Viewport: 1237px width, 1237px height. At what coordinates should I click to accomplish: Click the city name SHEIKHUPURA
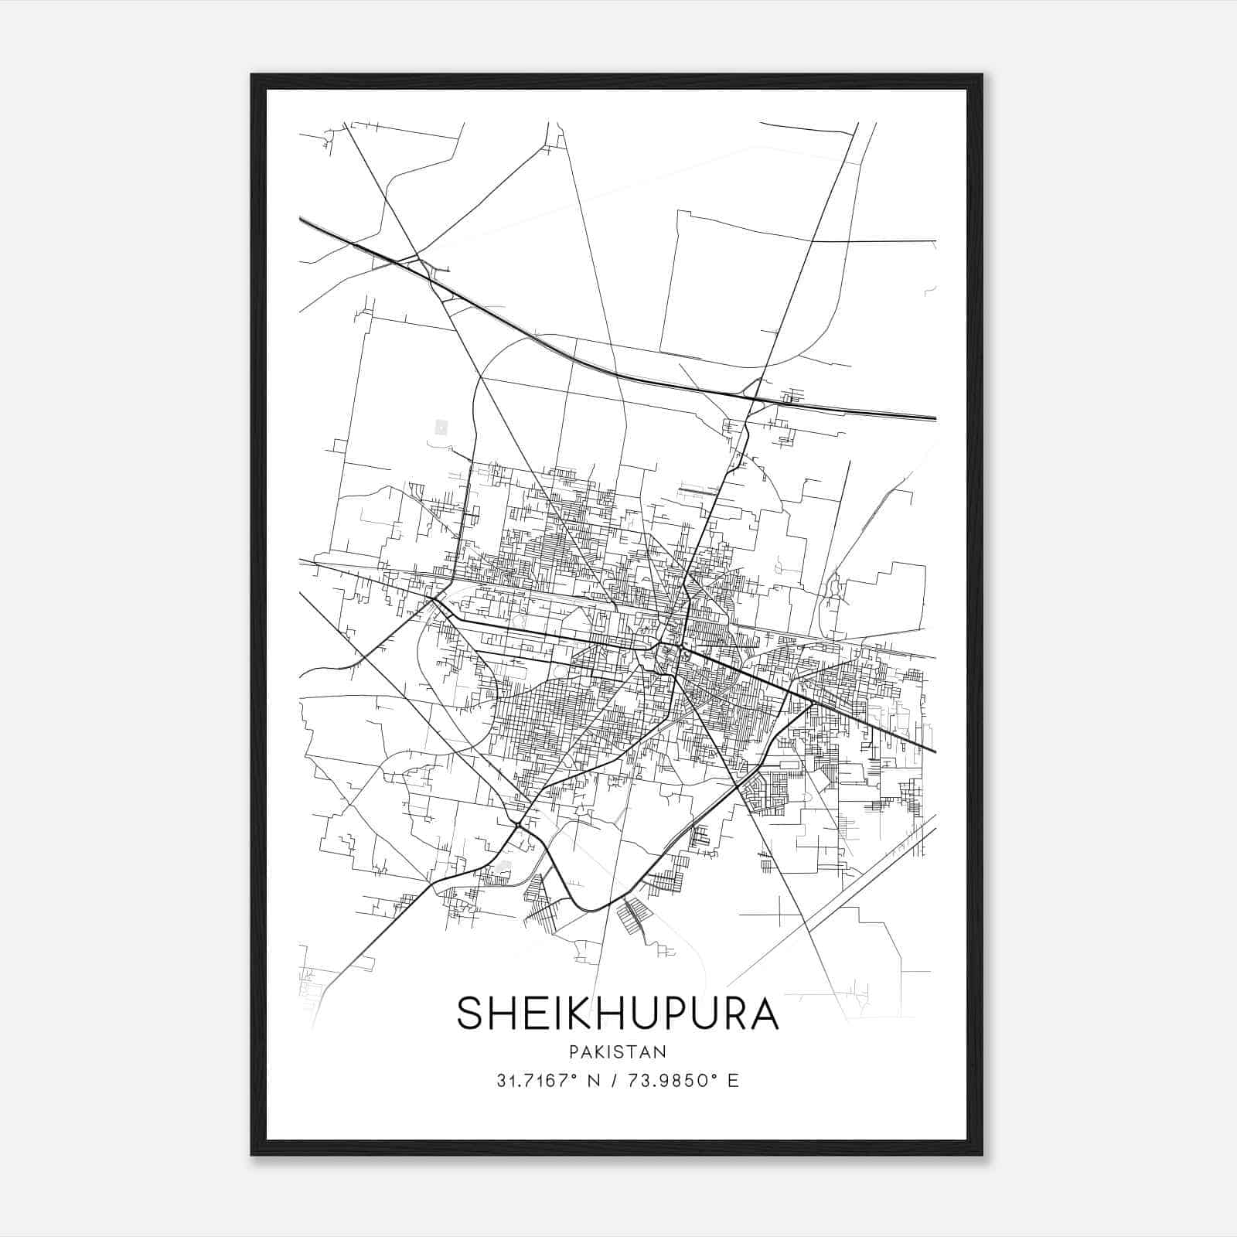click(x=618, y=1013)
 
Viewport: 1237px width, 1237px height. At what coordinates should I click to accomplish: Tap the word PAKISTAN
click(x=618, y=1051)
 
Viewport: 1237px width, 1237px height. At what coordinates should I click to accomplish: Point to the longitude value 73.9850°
click(x=672, y=1080)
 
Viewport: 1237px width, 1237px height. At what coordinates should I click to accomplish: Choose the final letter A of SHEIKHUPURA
click(x=763, y=1013)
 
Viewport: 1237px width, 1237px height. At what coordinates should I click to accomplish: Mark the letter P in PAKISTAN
click(x=574, y=1051)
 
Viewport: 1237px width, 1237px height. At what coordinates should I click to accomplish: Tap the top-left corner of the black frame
click(x=253, y=76)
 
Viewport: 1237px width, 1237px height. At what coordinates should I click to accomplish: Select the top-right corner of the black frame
click(x=981, y=76)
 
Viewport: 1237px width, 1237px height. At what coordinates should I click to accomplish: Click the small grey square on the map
click(x=441, y=426)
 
